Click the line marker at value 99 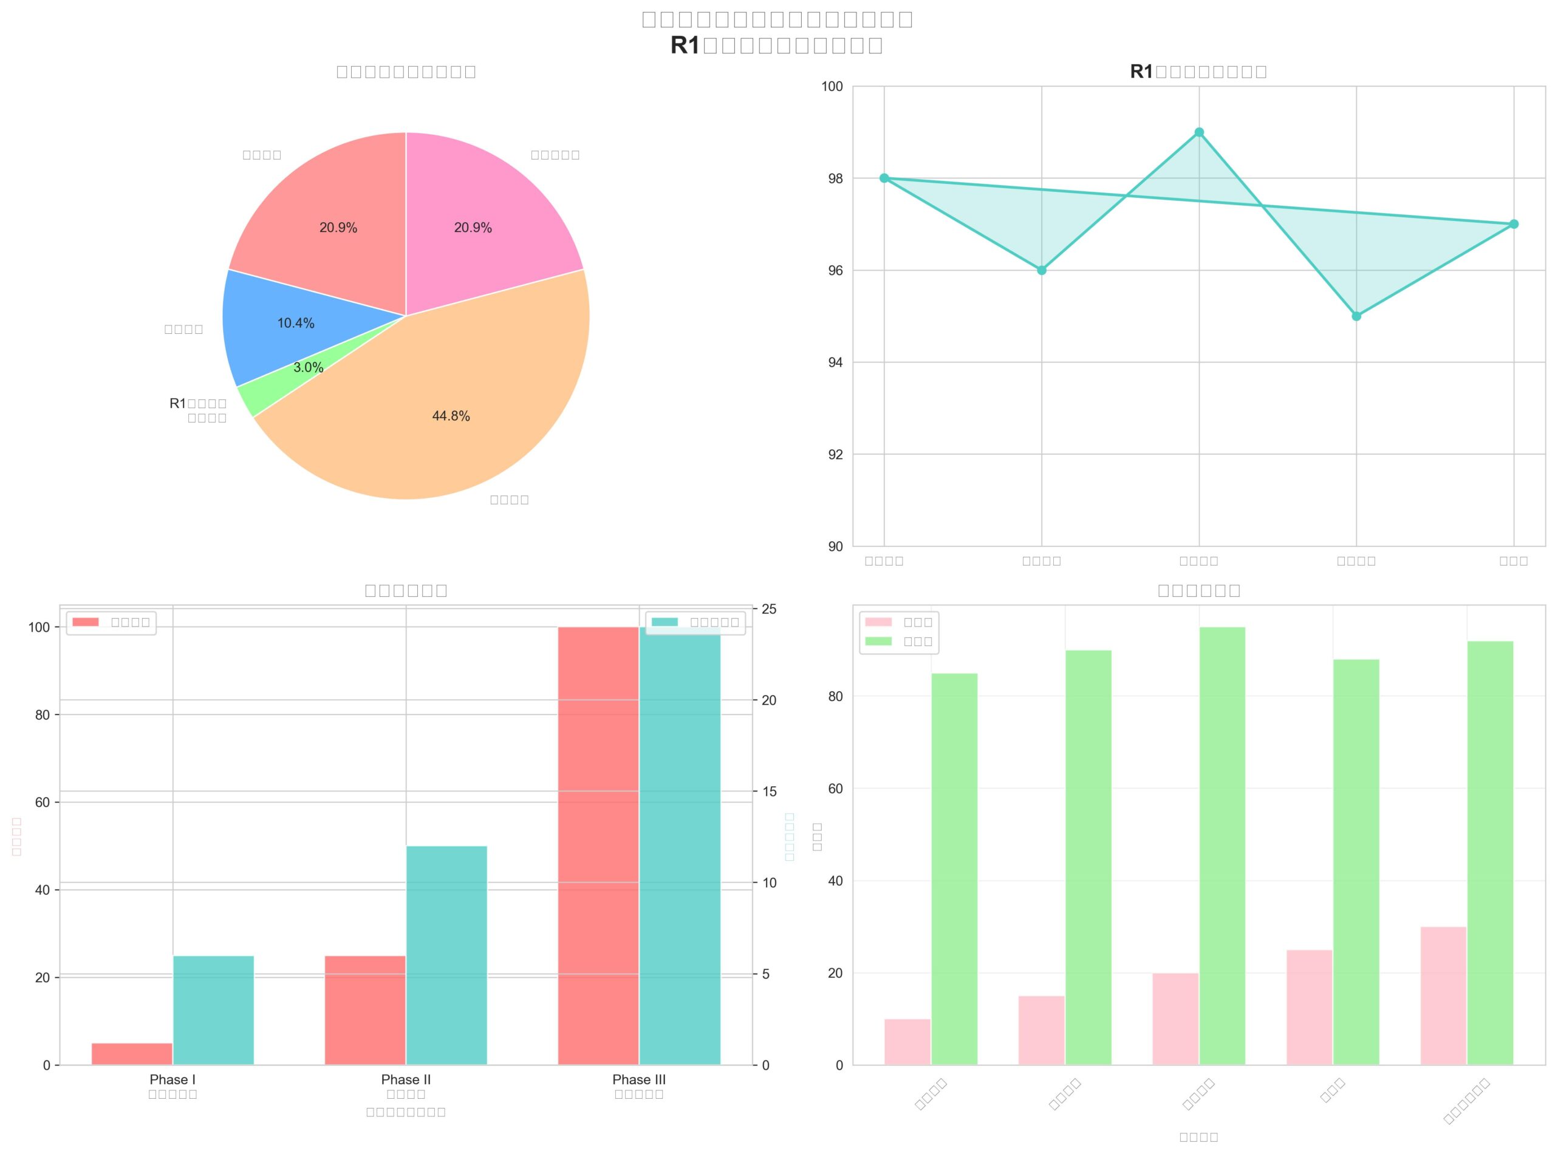pyautogui.click(x=1198, y=132)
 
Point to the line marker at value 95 pyautogui.click(x=1356, y=316)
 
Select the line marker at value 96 pyautogui.click(x=1041, y=270)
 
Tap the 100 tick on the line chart pyautogui.click(x=832, y=87)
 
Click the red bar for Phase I pyautogui.click(x=132, y=1053)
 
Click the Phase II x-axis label pyautogui.click(x=405, y=1079)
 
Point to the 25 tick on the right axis pyautogui.click(x=769, y=609)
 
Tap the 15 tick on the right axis pyautogui.click(x=769, y=792)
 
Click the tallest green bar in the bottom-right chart pyautogui.click(x=1222, y=845)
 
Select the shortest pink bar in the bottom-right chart pyautogui.click(x=907, y=1042)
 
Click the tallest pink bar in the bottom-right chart pyautogui.click(x=1443, y=996)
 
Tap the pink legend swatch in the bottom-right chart pyautogui.click(x=878, y=622)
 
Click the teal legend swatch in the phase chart pyautogui.click(x=664, y=622)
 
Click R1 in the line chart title pyautogui.click(x=1141, y=71)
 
